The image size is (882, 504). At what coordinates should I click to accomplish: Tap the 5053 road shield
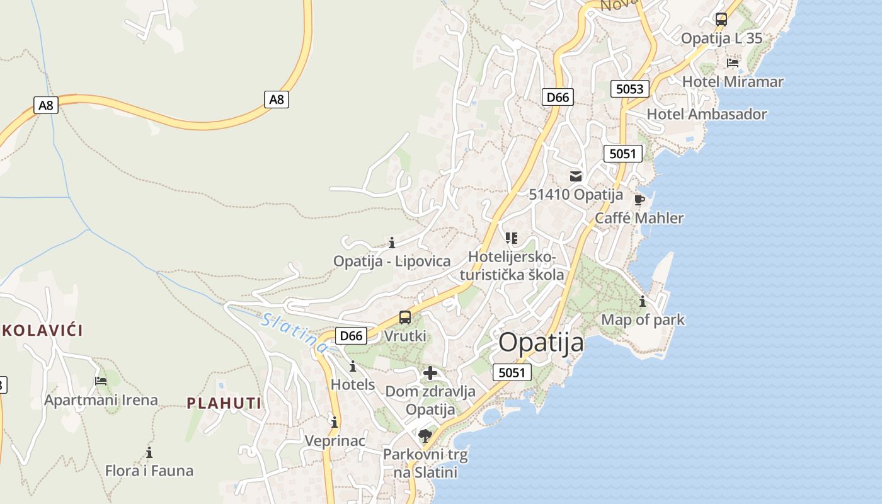[630, 89]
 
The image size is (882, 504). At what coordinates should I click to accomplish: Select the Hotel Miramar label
[733, 82]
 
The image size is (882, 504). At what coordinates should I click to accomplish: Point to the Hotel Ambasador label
[707, 115]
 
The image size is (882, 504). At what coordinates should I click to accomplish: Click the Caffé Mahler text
[639, 219]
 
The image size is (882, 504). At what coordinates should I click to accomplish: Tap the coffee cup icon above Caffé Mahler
[639, 200]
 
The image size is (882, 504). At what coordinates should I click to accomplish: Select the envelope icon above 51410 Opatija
[576, 176]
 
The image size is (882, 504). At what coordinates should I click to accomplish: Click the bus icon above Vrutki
[405, 318]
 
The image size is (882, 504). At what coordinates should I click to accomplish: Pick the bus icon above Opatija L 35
[721, 20]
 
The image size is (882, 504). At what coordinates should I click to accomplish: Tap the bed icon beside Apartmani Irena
[101, 381]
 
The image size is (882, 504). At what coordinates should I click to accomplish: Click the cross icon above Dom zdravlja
[430, 374]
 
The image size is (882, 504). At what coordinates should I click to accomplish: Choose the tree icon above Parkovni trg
[425, 435]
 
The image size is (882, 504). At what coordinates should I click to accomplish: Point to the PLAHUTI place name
[224, 403]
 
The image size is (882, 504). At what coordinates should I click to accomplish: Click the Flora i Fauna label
[149, 471]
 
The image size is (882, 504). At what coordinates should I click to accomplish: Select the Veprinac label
[335, 440]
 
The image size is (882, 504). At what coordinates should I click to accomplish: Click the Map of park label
[643, 319]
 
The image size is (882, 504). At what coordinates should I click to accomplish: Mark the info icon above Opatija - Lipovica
[392, 243]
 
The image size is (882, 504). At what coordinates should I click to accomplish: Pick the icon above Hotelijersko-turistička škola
[511, 238]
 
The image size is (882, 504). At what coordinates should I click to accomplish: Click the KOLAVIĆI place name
[42, 330]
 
